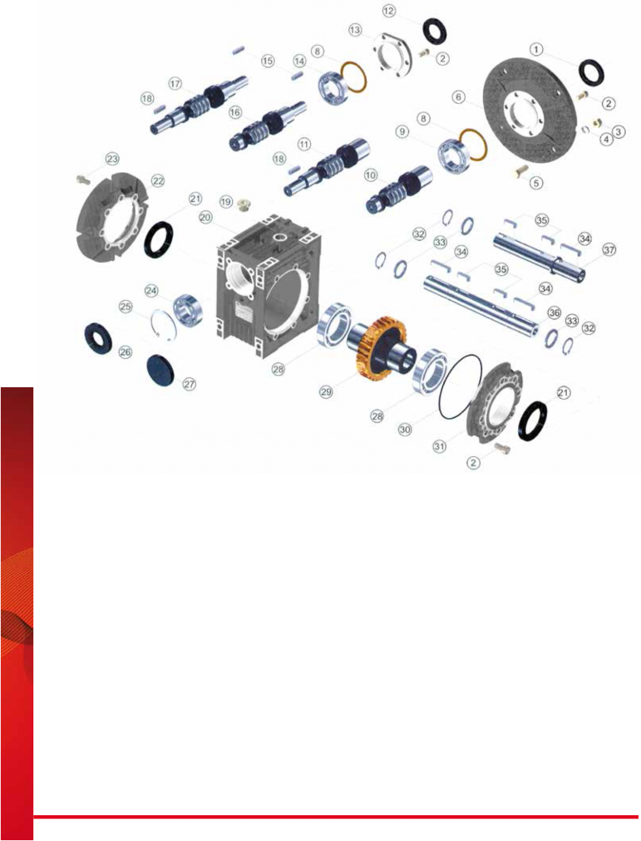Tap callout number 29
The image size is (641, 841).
(x=326, y=392)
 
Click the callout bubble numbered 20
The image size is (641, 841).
(x=206, y=217)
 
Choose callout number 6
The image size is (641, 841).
(x=458, y=97)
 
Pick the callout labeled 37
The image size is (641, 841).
(x=609, y=249)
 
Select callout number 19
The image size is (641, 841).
(x=226, y=202)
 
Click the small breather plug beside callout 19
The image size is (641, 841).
(x=245, y=204)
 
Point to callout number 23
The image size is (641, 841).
(x=112, y=160)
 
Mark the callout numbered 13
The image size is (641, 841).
(x=355, y=30)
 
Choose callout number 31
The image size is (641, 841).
(x=439, y=446)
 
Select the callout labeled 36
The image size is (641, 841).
(x=554, y=312)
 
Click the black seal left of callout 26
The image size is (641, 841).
(x=99, y=338)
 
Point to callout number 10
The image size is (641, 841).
(x=370, y=175)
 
